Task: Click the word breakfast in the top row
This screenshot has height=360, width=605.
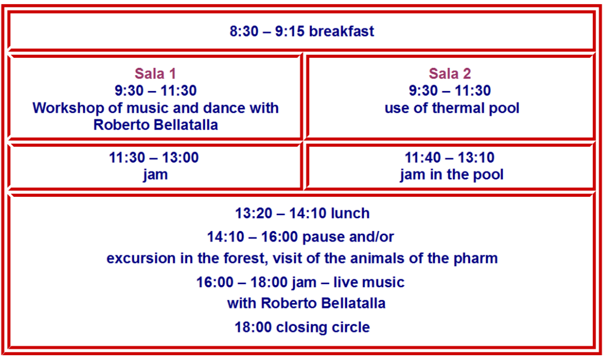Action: click(x=341, y=31)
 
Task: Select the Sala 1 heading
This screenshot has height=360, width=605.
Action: click(x=155, y=73)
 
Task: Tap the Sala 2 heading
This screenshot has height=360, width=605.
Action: click(x=450, y=73)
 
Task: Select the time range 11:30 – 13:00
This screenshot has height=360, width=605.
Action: click(x=154, y=157)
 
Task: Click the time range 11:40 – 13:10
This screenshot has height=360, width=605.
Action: click(x=449, y=157)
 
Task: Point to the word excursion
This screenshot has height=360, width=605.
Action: click(x=141, y=258)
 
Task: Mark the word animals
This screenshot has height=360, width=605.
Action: click(x=379, y=258)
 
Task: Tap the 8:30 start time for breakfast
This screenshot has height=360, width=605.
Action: click(x=244, y=31)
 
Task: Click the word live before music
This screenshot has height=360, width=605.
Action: click(x=345, y=283)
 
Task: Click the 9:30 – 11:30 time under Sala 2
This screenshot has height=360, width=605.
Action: click(x=450, y=91)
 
